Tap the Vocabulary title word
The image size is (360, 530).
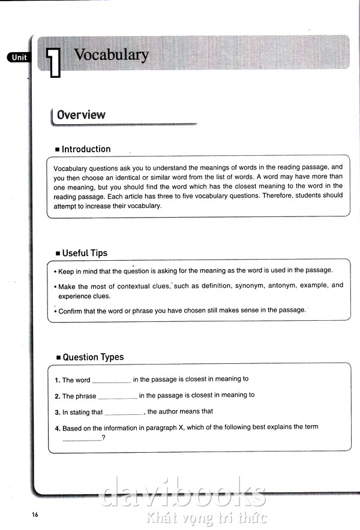[111, 55]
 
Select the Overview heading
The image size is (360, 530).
[81, 115]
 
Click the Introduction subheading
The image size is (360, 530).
[86, 149]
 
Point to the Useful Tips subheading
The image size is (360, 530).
[85, 253]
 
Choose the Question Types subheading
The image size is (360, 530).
[93, 357]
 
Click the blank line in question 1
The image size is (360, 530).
[111, 381]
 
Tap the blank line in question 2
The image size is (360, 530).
[118, 397]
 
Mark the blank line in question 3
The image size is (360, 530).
[124, 413]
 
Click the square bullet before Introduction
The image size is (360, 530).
[57, 150]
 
